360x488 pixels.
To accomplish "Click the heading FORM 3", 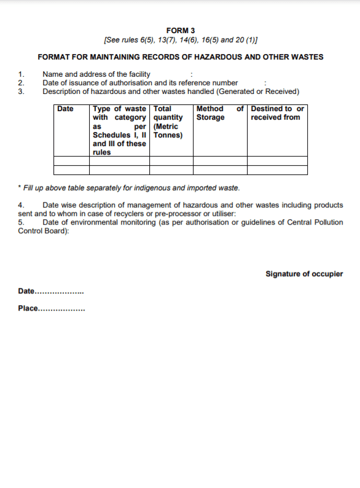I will click(x=181, y=30).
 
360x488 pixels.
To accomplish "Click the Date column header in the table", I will click(x=65, y=109).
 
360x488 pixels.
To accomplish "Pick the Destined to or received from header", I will click(x=277, y=113).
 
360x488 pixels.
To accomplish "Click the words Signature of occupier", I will click(x=304, y=274).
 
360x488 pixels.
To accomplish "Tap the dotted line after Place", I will click(x=61, y=309).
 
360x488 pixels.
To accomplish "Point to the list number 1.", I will click(x=22, y=74).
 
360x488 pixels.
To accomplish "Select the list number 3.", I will click(x=22, y=91).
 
